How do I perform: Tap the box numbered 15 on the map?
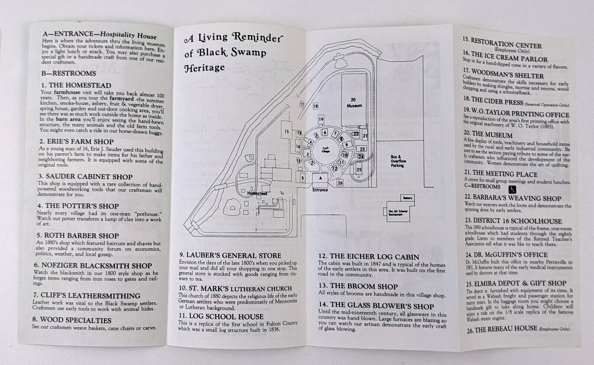point(286,131)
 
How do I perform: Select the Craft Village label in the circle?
point(325,150)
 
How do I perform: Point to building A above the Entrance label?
point(320,179)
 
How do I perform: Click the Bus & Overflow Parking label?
point(398,161)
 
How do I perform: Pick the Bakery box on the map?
point(408,198)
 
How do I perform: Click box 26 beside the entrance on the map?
point(340,182)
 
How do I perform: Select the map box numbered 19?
point(321,120)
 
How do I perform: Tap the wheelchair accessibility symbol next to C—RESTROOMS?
point(512,189)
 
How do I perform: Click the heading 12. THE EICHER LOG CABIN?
point(369,257)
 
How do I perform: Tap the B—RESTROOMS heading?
point(69,74)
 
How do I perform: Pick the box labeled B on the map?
point(303,178)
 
